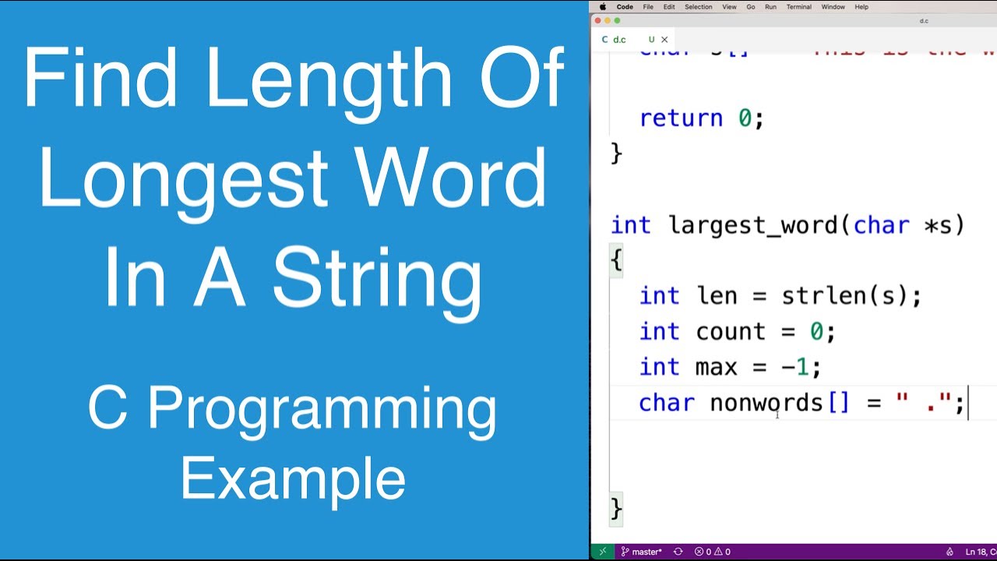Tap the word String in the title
point(377,278)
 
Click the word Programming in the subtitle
point(321,410)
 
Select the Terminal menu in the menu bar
point(798,7)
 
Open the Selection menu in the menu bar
point(698,7)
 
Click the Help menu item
point(861,7)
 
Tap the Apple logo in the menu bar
point(603,7)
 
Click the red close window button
point(598,21)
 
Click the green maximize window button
point(618,21)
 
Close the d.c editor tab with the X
point(664,39)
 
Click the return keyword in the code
point(680,118)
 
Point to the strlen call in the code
point(813,296)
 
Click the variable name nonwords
point(766,403)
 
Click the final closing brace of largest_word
point(616,509)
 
